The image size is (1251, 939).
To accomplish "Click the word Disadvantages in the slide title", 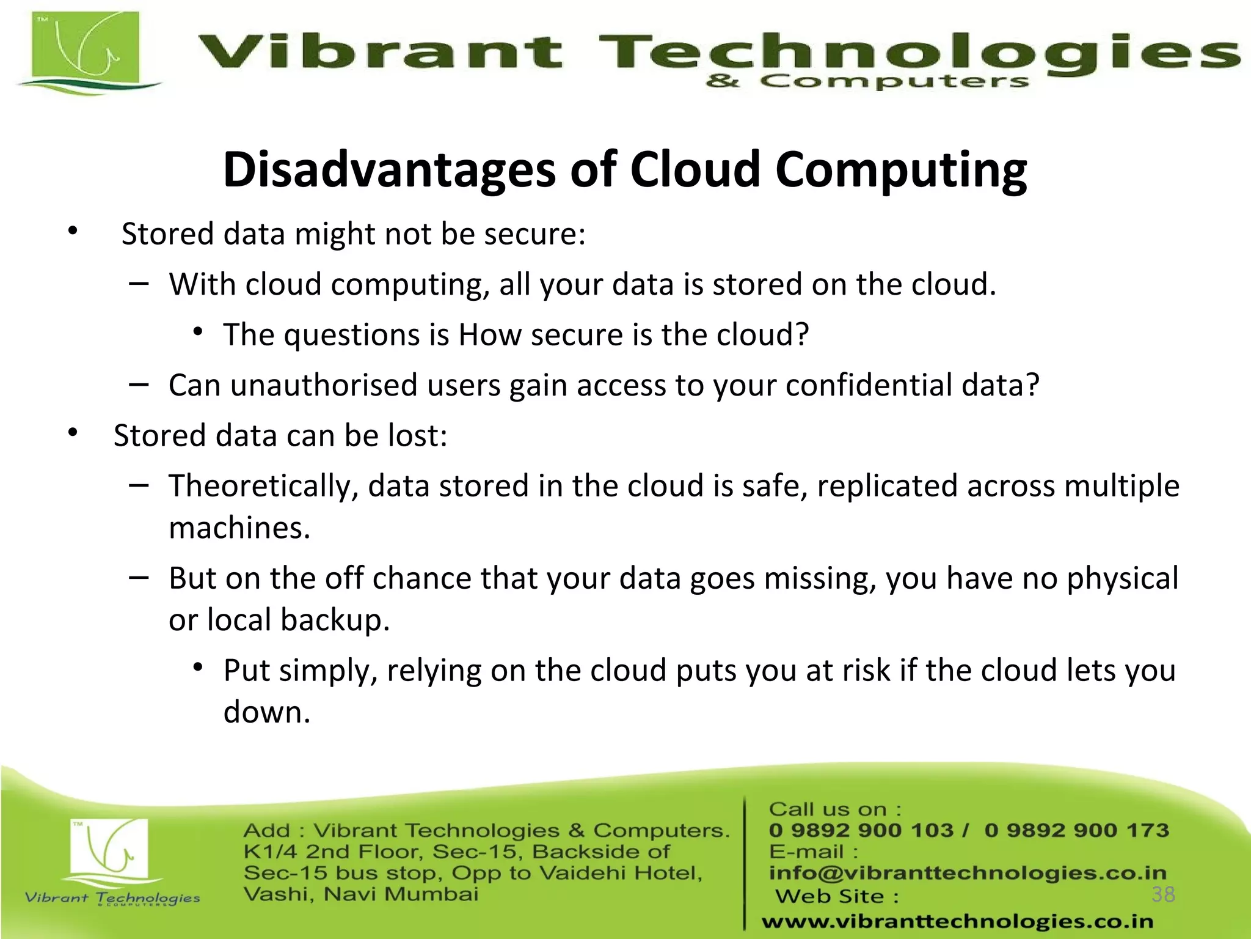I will [389, 169].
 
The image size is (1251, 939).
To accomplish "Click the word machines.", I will [239, 528].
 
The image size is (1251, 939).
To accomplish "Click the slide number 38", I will [1163, 894].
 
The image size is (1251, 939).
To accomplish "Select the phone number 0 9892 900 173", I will [1076, 830].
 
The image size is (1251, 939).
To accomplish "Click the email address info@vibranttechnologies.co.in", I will [968, 872].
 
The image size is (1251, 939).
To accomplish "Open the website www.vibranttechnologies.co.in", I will [957, 921].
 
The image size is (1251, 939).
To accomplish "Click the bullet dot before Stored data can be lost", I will [73, 433].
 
